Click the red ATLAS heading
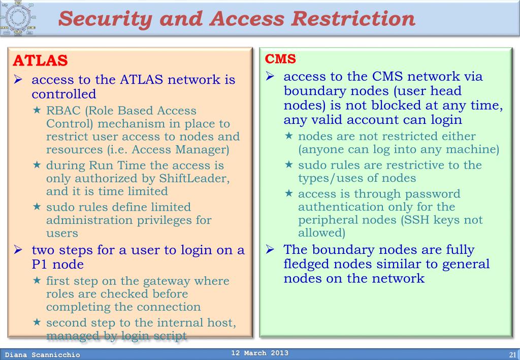[x=40, y=60]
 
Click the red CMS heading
[x=280, y=59]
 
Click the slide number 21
[x=512, y=354]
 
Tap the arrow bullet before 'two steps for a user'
[x=19, y=250]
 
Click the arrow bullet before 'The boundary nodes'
[x=271, y=249]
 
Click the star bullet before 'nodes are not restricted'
[x=289, y=136]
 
